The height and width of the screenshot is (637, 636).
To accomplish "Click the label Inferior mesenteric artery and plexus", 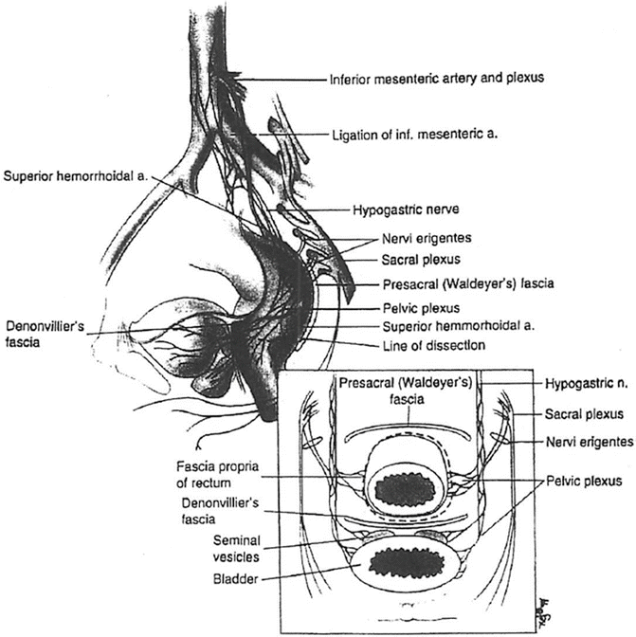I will click(x=436, y=78).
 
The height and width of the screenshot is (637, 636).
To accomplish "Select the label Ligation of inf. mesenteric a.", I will click(x=417, y=135).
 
